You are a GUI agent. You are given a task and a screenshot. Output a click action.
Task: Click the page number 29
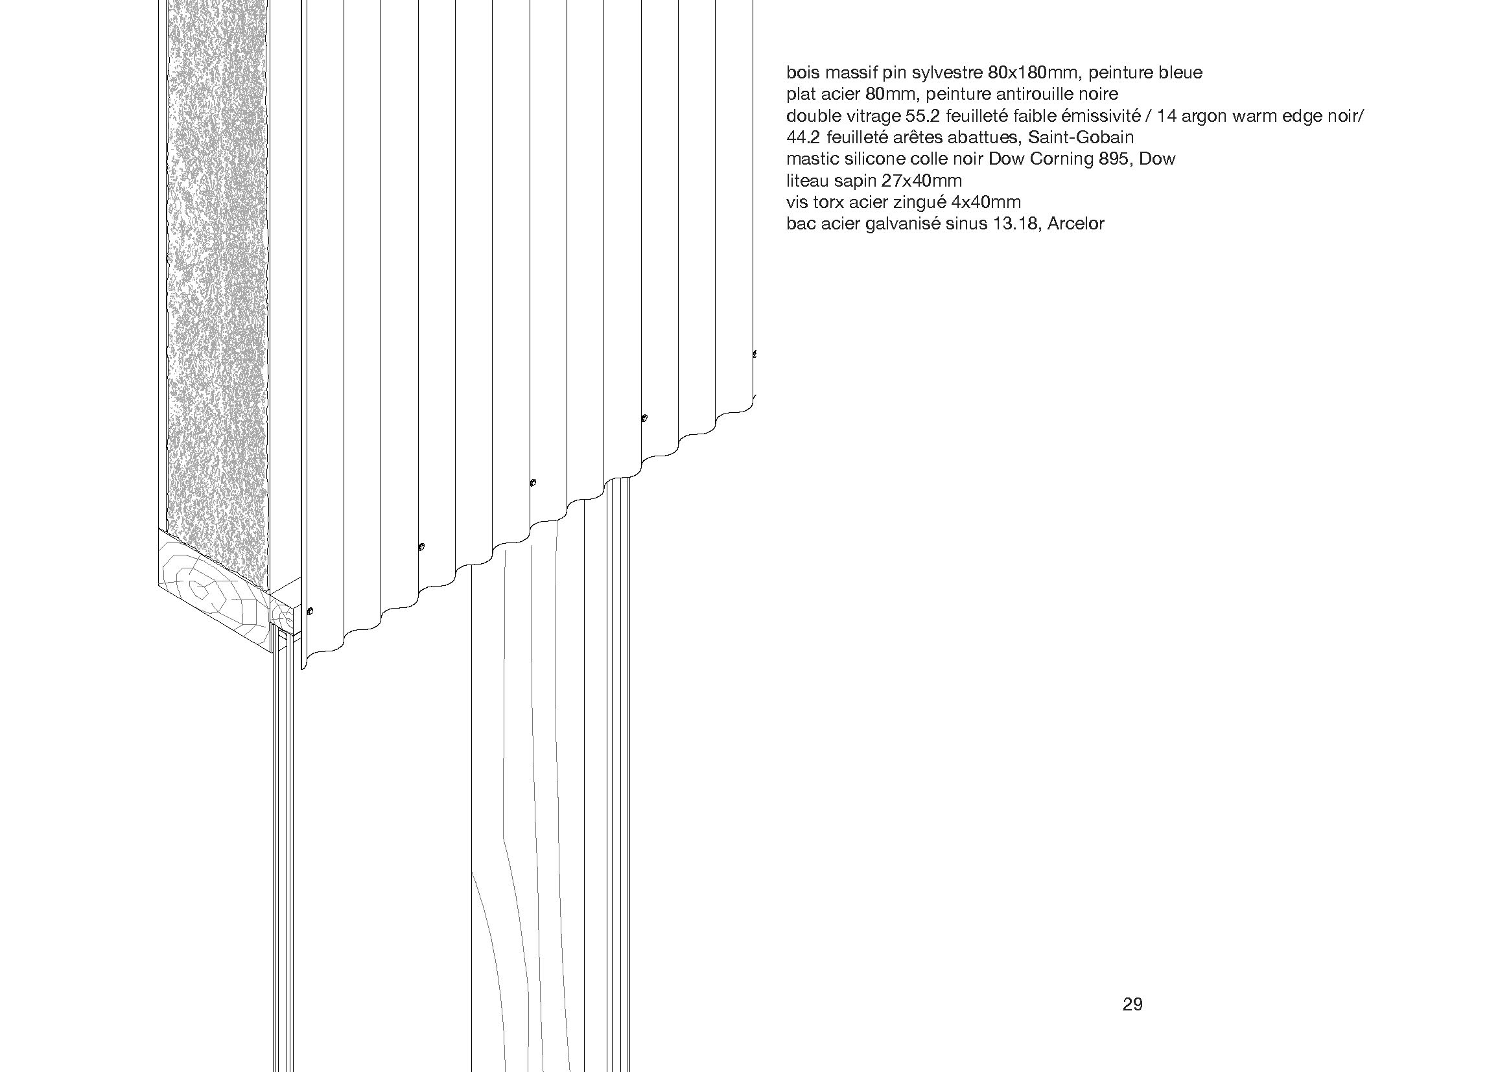pyautogui.click(x=1132, y=1023)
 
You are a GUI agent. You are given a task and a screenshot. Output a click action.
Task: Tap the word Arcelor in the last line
pyautogui.click(x=1075, y=224)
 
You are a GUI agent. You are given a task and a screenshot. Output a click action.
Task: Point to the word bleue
pyautogui.click(x=1180, y=73)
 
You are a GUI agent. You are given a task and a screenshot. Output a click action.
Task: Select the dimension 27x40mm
pyautogui.click(x=922, y=181)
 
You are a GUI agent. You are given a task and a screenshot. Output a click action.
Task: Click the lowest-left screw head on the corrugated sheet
pyautogui.click(x=310, y=611)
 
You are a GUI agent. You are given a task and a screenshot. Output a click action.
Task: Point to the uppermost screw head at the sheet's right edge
pyautogui.click(x=755, y=354)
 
